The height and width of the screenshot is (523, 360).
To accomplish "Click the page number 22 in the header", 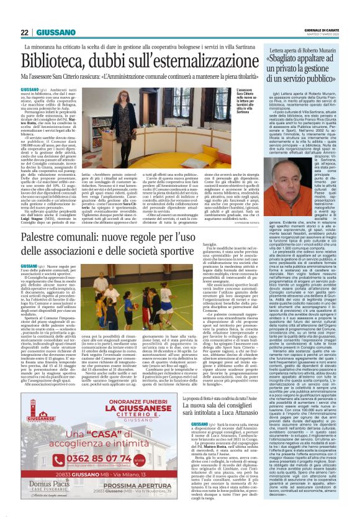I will (25, 32).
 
